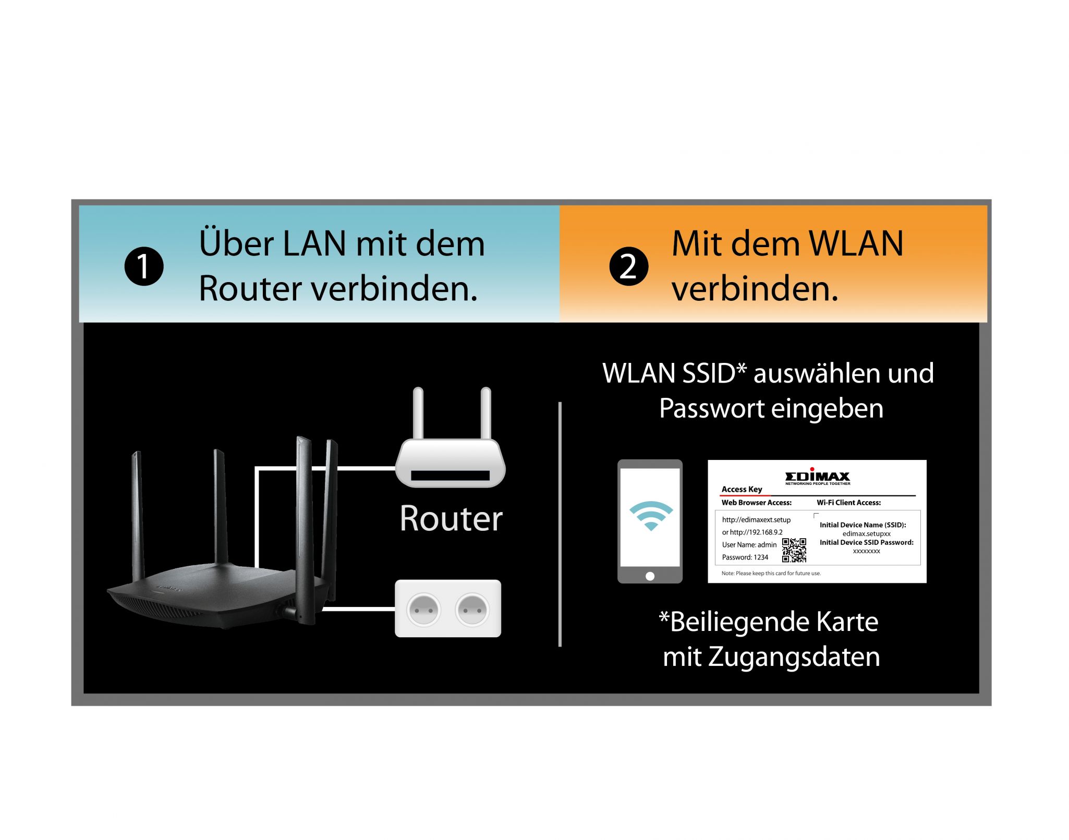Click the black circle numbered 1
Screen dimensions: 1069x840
pos(144,266)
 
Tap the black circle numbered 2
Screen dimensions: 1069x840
pos(629,266)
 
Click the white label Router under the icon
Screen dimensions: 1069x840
pos(451,519)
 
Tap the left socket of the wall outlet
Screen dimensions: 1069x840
pos(423,609)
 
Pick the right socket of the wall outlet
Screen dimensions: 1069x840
pos(472,609)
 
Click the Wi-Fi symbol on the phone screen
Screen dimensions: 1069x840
pos(651,516)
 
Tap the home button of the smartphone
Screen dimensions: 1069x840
pos(650,576)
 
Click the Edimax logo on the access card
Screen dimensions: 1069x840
pos(817,476)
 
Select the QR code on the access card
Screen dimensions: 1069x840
pos(794,551)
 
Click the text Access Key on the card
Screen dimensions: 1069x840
pos(742,489)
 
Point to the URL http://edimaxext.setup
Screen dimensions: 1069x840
pos(756,520)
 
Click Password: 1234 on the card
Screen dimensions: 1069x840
pos(745,557)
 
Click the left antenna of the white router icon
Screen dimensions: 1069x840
pos(418,413)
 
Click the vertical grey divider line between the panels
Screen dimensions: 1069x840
pos(560,524)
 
